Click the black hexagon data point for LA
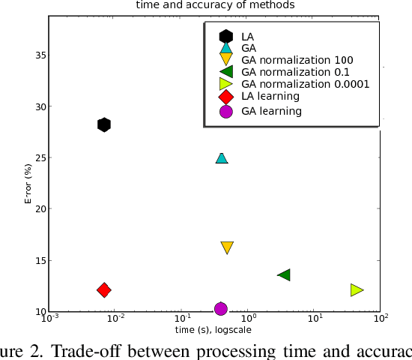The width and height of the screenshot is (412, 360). pos(104,124)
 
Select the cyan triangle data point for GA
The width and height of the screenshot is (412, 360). pos(222,157)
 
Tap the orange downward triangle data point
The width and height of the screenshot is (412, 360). pos(227,247)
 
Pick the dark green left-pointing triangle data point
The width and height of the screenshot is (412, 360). pos(284,275)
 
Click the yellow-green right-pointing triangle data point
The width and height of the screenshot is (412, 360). pos(357,289)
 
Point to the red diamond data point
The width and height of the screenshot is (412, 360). pos(104,289)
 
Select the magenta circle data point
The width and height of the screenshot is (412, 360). pos(221,308)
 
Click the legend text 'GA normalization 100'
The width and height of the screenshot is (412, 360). pos(297,59)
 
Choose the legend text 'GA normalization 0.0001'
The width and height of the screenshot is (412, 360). pos(305,84)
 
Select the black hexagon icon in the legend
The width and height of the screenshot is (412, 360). pos(225,35)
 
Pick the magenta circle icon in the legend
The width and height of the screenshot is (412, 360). pos(225,111)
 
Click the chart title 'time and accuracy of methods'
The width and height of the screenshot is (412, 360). pos(213,4)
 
